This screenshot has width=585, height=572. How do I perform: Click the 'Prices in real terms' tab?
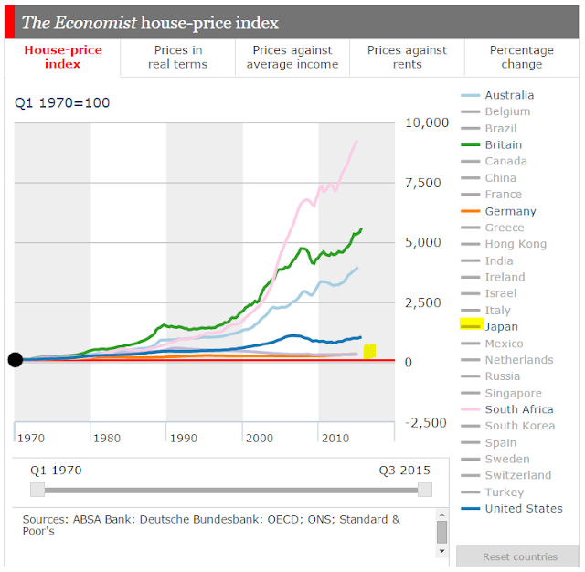coord(178,58)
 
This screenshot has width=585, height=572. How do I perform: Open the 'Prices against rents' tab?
coord(409,58)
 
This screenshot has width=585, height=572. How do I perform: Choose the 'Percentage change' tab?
coord(521,58)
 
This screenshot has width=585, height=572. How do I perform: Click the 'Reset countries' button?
coord(520,556)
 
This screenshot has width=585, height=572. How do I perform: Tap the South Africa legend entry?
coord(518,409)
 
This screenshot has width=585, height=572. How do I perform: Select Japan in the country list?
coord(501,326)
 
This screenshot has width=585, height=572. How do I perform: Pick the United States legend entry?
coord(523,508)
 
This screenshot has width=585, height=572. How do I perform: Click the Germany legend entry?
coord(510,211)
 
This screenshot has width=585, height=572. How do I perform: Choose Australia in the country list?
coord(509,95)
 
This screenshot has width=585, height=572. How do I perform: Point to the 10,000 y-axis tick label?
coord(426,122)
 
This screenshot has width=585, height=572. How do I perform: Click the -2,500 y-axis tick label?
coord(426,423)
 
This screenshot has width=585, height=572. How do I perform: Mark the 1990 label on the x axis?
coord(184,439)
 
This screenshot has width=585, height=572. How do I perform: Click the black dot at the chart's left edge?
coord(15,359)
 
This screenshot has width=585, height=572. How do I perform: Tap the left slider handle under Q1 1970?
coord(37,490)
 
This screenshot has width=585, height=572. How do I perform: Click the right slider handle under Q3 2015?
coord(424,490)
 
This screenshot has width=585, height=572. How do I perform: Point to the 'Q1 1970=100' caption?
coord(62,102)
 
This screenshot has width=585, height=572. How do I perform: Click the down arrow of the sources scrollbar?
coord(442,551)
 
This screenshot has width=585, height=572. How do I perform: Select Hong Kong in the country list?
coord(516,244)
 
